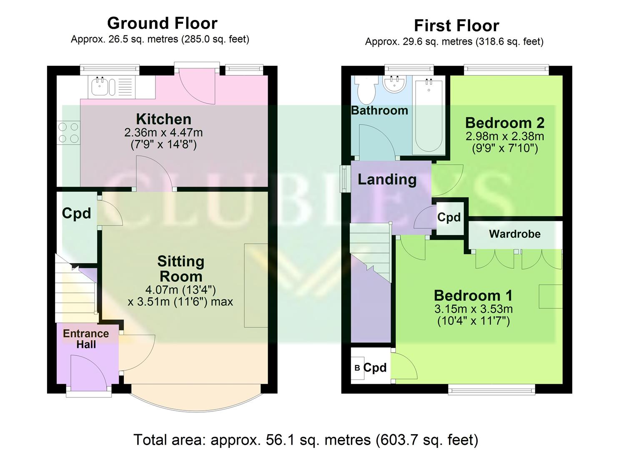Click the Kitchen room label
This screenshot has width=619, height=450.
pos(163,119)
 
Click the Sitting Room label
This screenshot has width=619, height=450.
pos(181,269)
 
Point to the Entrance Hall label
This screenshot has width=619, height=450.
pos(86,339)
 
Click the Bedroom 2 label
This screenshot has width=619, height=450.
pos(505,123)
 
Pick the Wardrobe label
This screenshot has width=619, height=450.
pos(514,234)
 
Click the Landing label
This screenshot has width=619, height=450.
pos(387,180)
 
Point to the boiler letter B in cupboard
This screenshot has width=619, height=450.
pos(357,368)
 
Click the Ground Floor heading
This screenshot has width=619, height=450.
pos(162,23)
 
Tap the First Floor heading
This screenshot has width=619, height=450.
pos(456,26)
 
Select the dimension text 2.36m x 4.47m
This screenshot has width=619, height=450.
pos(163,133)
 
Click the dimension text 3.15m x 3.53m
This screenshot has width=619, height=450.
pos(474,309)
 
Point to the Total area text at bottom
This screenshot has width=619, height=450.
pos(306,440)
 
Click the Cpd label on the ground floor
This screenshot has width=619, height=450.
pos(76,213)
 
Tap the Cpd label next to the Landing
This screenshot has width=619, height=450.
pos(449,217)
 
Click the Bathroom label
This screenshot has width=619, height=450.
pos(379,110)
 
